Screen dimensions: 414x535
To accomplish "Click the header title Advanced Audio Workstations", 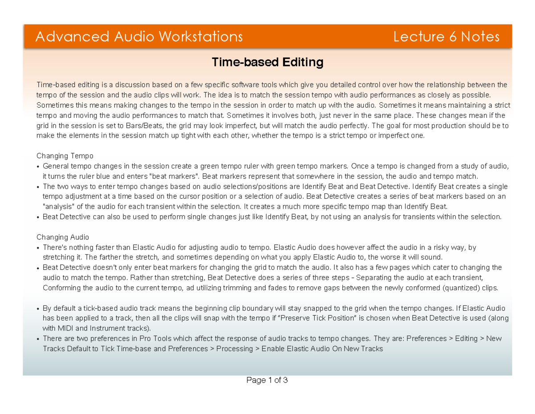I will (x=139, y=37).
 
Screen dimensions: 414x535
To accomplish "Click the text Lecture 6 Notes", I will (x=446, y=37).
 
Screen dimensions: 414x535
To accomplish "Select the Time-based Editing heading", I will (x=267, y=62).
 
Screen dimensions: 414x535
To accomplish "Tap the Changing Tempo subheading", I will (x=65, y=156).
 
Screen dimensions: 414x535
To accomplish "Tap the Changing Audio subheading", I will (x=62, y=237).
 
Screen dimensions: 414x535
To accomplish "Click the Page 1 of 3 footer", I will (x=267, y=381).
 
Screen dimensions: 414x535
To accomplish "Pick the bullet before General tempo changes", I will (x=38, y=167).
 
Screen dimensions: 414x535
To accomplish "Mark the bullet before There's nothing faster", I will (x=38, y=247).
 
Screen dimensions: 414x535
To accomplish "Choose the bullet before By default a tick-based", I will (x=38, y=309).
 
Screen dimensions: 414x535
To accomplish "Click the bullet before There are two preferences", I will (x=38, y=339).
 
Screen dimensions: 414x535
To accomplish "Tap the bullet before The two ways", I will (x=38, y=187).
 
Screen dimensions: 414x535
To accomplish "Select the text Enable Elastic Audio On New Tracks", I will (x=322, y=349).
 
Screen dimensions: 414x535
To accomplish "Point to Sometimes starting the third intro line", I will (x=53, y=105).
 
